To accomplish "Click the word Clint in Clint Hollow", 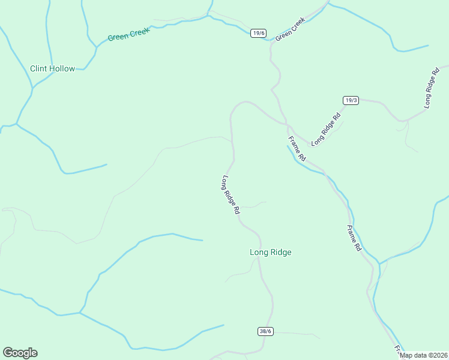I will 40,69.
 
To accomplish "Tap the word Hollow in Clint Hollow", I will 62,69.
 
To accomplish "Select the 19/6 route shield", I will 258,33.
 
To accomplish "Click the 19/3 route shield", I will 351,100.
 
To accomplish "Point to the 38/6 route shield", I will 265,331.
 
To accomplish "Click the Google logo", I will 20,353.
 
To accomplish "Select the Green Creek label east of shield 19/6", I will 291,28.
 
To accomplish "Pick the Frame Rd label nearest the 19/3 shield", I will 297,149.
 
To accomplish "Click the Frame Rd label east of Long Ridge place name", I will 355,238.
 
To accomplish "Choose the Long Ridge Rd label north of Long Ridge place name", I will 231,195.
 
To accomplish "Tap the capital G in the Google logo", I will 8,353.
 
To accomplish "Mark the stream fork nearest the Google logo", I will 79,313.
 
